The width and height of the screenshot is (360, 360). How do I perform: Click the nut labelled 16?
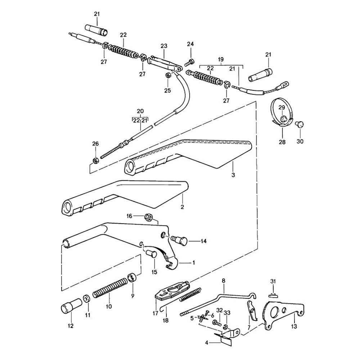click(148, 217)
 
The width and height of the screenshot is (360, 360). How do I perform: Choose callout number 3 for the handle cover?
click(233, 175)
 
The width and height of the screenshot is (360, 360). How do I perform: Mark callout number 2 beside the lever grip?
click(182, 207)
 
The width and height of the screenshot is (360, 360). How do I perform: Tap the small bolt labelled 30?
click(298, 124)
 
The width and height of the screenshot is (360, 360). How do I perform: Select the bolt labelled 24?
click(190, 63)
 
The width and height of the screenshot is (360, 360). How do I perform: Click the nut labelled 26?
click(95, 159)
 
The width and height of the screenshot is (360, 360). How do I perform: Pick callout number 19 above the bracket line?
click(221, 59)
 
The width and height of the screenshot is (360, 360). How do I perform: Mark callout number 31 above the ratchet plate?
click(273, 281)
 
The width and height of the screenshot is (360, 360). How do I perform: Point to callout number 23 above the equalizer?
click(164, 46)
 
